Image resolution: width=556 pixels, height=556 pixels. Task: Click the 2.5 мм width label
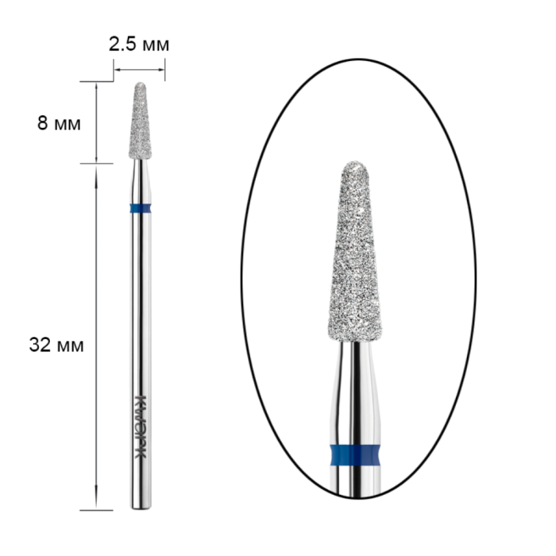click(x=139, y=44)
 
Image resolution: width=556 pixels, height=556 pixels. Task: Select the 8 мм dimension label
click(x=59, y=124)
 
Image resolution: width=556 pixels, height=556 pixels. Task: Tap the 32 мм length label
click(x=56, y=345)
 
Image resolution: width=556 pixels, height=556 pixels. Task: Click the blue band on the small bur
click(x=141, y=208)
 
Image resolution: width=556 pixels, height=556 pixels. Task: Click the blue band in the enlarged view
click(x=355, y=454)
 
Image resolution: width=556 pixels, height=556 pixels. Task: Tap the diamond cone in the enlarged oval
click(x=354, y=252)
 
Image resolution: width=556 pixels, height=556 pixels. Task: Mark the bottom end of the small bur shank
click(x=141, y=509)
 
